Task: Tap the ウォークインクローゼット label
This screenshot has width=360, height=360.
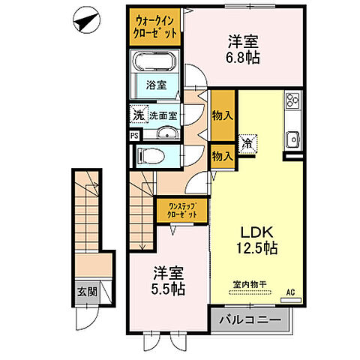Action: [x=157, y=28]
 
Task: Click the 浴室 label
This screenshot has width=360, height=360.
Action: [x=156, y=85]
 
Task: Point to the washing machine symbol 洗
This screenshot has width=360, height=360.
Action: [x=138, y=115]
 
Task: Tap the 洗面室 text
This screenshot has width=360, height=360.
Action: [x=162, y=115]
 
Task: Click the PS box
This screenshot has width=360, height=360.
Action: [x=133, y=136]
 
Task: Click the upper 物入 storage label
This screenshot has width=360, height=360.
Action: [x=222, y=115]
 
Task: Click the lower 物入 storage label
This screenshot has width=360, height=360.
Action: [x=222, y=156]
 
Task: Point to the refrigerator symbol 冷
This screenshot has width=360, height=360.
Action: [x=247, y=140]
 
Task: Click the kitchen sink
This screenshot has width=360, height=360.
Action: [x=292, y=138]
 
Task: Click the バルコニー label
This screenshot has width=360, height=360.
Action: [x=250, y=321]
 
